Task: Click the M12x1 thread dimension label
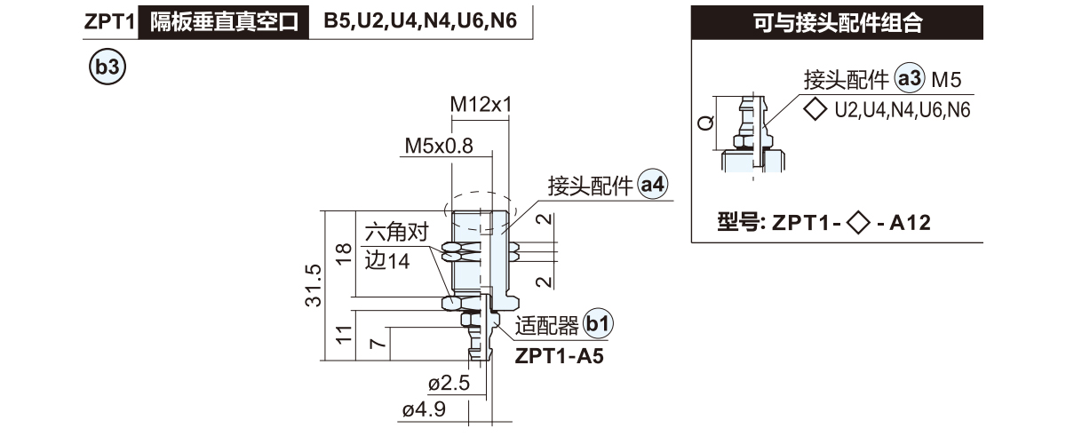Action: pos(481,105)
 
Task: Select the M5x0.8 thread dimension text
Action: pos(439,145)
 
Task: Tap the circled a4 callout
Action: pos(654,186)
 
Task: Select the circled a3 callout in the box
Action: pos(910,80)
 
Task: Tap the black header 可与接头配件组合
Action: pos(837,24)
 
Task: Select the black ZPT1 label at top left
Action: pos(107,22)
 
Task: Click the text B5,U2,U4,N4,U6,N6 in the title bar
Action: pos(420,21)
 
